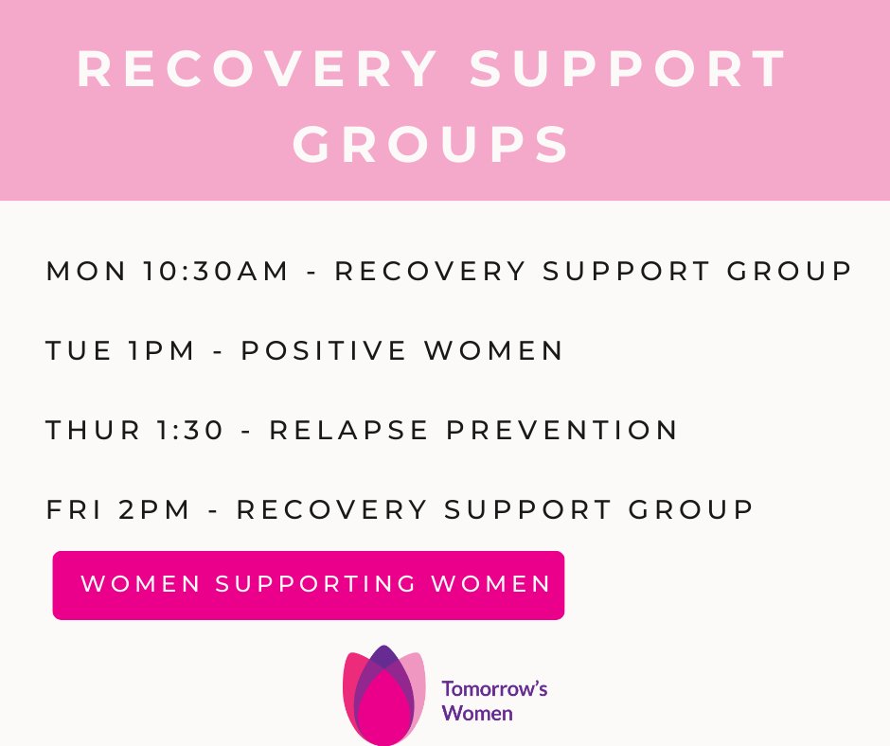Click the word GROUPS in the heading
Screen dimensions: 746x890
click(x=431, y=145)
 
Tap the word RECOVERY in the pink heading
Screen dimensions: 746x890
click(x=258, y=69)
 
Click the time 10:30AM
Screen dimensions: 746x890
click(x=217, y=272)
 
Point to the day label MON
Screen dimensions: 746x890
click(x=86, y=272)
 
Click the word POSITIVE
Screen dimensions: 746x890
click(x=324, y=351)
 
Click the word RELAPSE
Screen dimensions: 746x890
click(x=349, y=431)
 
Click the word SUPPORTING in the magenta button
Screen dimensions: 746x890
click(x=316, y=584)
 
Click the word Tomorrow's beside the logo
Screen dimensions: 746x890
click(x=494, y=688)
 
